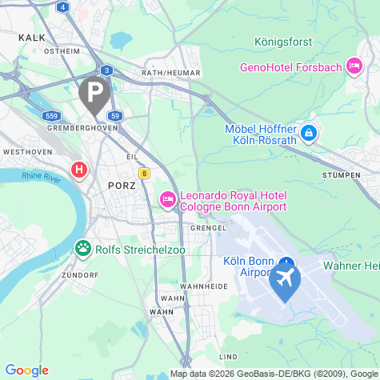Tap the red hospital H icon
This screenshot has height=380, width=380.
tap(78, 170)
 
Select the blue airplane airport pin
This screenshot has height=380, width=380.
tap(284, 280)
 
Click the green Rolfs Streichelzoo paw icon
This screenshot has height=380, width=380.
tap(82, 249)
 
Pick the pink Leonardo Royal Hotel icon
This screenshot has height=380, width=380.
tap(168, 200)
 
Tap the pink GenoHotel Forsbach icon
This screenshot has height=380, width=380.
tap(354, 67)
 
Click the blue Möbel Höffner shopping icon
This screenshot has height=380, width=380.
tap(309, 133)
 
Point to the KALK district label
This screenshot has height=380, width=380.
tap(31, 37)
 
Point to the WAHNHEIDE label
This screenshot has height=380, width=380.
tap(199, 286)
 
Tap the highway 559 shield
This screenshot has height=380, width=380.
tap(53, 116)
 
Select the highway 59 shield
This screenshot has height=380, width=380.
tap(115, 116)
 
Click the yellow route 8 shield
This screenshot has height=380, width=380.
tap(144, 172)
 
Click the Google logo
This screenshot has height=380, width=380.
tap(26, 370)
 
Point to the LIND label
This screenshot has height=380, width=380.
tap(228, 355)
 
